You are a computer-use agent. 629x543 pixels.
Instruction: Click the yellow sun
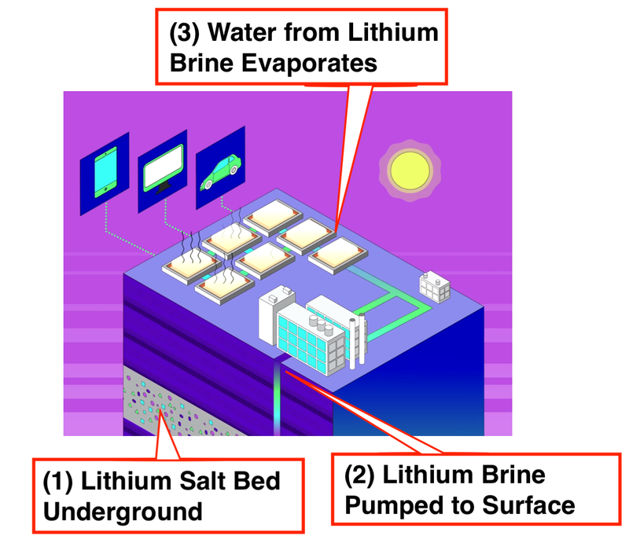[410, 171]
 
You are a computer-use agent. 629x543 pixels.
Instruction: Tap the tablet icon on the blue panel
[105, 172]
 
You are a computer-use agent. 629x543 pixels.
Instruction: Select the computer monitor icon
[164, 168]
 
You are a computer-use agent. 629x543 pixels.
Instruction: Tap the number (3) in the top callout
[184, 32]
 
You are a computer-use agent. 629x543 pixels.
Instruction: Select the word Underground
[123, 512]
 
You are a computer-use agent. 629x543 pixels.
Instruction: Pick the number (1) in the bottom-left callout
[57, 481]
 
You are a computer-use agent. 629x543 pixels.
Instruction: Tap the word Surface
[528, 505]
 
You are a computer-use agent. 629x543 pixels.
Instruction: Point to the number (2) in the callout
[359, 475]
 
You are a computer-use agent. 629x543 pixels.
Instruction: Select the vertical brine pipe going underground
[277, 397]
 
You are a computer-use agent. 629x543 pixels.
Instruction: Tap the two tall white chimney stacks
[357, 341]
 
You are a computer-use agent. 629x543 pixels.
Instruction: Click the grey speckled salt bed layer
[176, 409]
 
